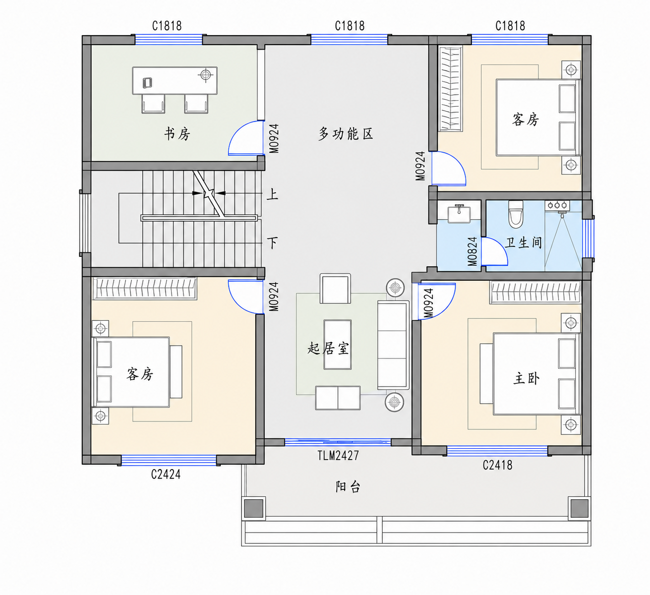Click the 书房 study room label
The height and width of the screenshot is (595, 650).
tap(177, 134)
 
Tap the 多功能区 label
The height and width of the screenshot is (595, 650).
tap(346, 133)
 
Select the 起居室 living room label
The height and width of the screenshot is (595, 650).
tap(328, 349)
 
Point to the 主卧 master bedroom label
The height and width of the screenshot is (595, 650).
tap(526, 378)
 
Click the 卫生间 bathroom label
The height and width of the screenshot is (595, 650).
tap(523, 242)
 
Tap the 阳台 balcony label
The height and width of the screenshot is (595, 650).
tap(348, 486)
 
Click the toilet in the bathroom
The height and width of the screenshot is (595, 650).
tap(516, 214)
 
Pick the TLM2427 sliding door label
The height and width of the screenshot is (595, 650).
tap(338, 455)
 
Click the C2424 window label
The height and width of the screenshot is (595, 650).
tap(166, 475)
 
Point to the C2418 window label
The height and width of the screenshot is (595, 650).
tap(497, 465)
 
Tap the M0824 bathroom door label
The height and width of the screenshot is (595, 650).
tap(473, 251)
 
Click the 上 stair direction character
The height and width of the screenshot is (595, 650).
tap(272, 194)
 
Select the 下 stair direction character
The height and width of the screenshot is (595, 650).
tap(272, 242)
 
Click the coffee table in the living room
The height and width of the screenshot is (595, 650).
tap(337, 345)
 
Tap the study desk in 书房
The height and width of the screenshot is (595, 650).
tap(175, 81)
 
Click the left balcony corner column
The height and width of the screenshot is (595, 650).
tap(253, 508)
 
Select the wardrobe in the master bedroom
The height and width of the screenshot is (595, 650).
tap(535, 293)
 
